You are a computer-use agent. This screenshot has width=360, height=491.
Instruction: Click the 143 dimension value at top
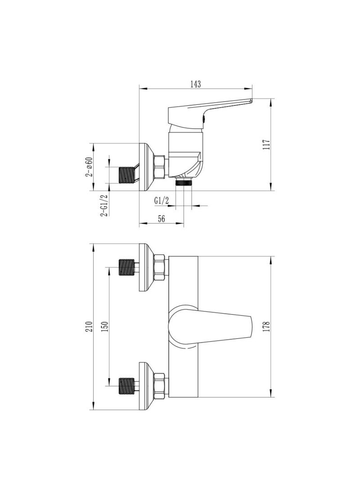195,84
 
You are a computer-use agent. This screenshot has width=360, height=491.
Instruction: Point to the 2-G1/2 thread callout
103,206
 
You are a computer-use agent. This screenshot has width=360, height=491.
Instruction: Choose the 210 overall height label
89,327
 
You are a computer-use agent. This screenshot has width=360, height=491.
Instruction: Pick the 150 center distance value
105,327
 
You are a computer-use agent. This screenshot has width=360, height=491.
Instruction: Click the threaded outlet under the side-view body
183,182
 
